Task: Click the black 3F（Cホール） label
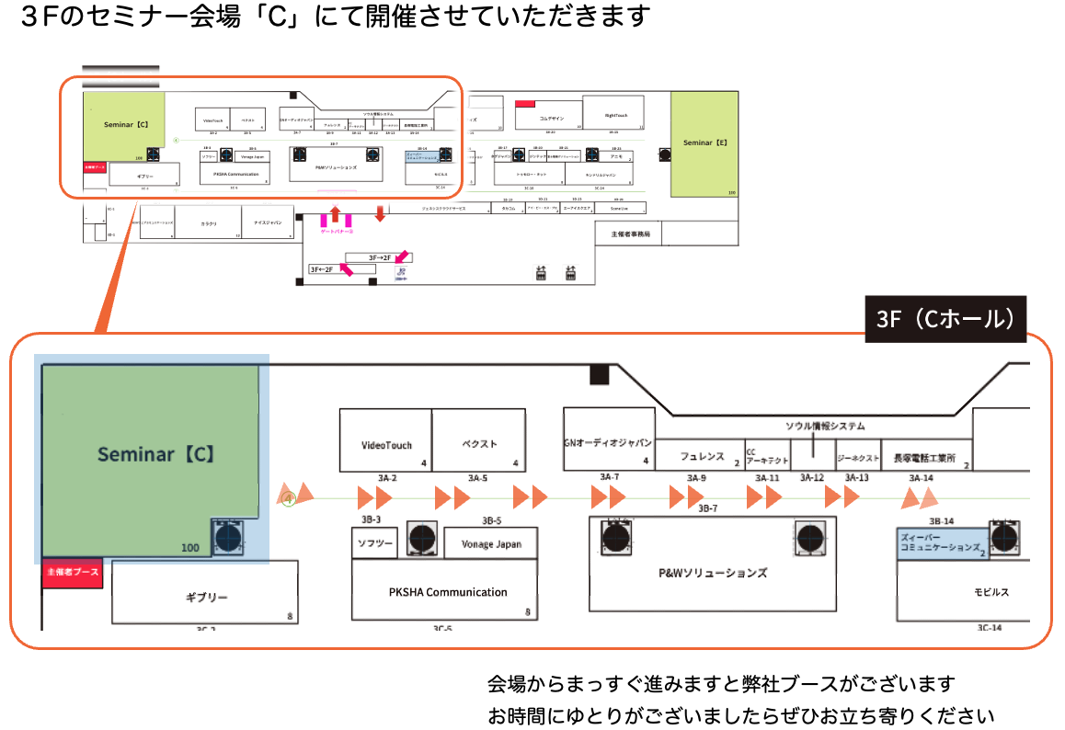[x=945, y=319]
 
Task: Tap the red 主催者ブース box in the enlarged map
[x=72, y=573]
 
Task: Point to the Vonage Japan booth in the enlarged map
[x=490, y=543]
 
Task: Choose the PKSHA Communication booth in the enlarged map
[x=447, y=591]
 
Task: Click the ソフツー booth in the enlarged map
[x=375, y=544]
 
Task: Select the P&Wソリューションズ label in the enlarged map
[x=713, y=573]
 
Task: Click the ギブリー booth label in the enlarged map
[x=206, y=598]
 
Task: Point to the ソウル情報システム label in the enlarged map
[x=825, y=426]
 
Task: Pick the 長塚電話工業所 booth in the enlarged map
[x=924, y=455]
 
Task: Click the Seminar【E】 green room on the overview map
[x=705, y=143]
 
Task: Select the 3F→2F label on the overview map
[x=380, y=257]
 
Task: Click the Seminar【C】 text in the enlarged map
[x=156, y=454]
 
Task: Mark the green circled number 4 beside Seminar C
[x=288, y=499]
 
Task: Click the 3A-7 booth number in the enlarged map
[x=609, y=477]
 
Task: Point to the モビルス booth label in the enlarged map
[x=991, y=592]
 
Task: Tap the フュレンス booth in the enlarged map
[x=702, y=455]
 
